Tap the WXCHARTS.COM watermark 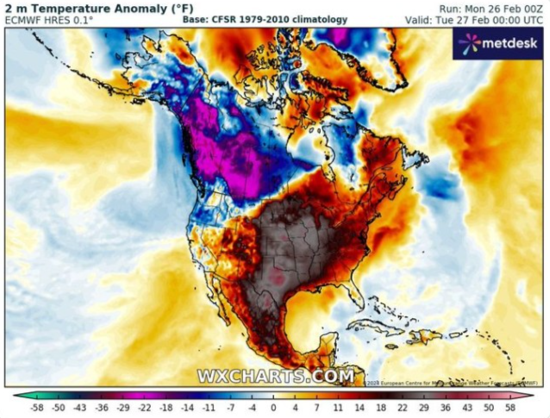coord(275,377)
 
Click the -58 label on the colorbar coord(37,409)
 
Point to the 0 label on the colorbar coord(273,409)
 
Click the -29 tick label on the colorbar coord(123,409)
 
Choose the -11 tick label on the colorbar coord(209,409)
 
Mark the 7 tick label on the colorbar coord(316,409)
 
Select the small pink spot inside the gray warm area coord(278,278)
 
